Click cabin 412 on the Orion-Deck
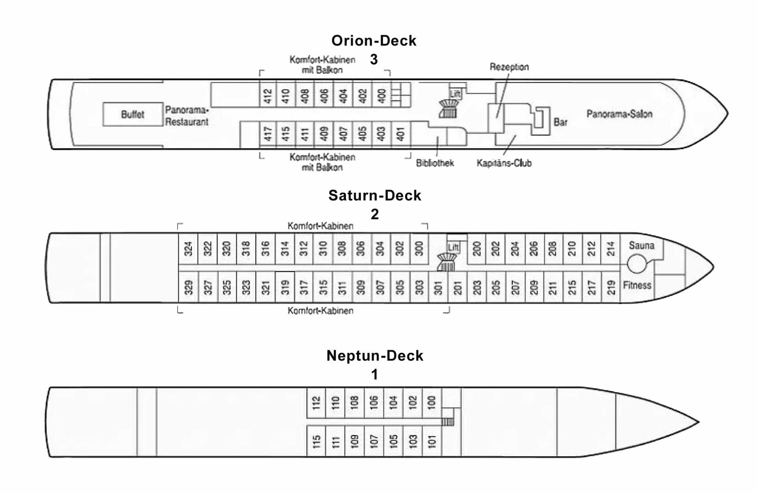pyautogui.click(x=268, y=95)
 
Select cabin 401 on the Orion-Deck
pyautogui.click(x=401, y=134)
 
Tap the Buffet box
pyautogui.click(x=133, y=114)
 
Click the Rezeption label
pyautogui.click(x=509, y=67)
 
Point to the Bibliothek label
pyautogui.click(x=435, y=163)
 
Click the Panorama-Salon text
pyautogui.click(x=619, y=114)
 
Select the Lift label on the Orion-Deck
pyautogui.click(x=455, y=94)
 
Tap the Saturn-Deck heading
pyautogui.click(x=374, y=196)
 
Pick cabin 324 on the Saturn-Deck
pyautogui.click(x=188, y=249)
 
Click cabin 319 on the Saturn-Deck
pyautogui.click(x=285, y=287)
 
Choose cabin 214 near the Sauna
pyautogui.click(x=611, y=249)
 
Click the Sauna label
pyautogui.click(x=641, y=246)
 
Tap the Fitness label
pyautogui.click(x=637, y=285)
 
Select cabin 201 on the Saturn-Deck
pyautogui.click(x=458, y=287)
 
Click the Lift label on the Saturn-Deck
pyautogui.click(x=453, y=247)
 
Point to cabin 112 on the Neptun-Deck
pyautogui.click(x=316, y=403)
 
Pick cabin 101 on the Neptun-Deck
pyautogui.click(x=432, y=441)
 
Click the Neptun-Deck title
pyautogui.click(x=375, y=356)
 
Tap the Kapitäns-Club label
pyautogui.click(x=504, y=163)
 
